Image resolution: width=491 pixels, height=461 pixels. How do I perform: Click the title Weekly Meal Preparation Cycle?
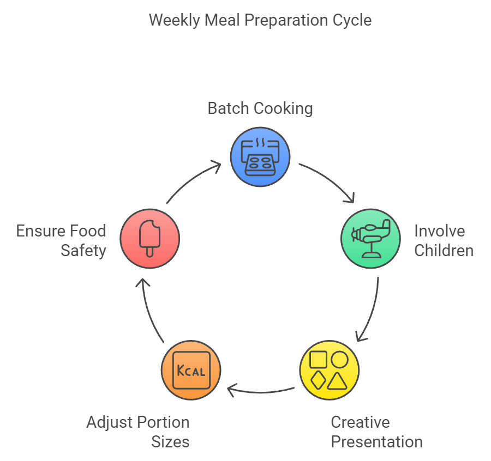point(260,21)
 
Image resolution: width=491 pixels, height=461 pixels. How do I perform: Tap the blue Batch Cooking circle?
point(260,157)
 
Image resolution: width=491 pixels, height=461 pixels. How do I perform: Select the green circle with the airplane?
point(370,238)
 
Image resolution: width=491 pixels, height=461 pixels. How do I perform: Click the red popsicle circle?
point(149,238)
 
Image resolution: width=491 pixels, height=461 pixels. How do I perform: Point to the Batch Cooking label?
point(260,108)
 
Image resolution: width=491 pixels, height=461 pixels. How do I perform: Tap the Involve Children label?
point(443,240)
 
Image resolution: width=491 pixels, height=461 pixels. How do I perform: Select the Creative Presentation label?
point(376,432)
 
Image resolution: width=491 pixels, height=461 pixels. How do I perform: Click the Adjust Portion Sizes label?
point(138,432)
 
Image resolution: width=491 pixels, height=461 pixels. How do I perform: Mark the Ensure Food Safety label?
point(61,240)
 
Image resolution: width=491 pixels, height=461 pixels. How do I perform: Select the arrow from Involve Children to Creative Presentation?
point(371,311)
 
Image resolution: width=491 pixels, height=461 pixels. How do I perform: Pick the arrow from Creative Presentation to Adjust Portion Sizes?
point(260,390)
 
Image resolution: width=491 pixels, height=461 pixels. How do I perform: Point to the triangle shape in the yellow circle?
point(338,380)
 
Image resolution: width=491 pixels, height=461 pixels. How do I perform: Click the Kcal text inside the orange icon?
point(191,371)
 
